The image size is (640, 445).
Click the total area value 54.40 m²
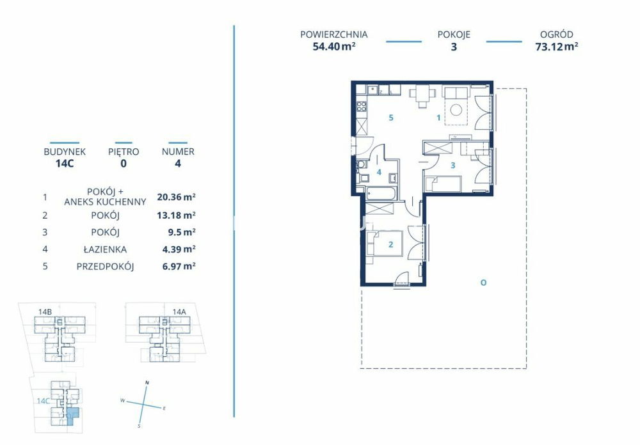(333, 46)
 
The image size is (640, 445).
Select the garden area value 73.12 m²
(556, 46)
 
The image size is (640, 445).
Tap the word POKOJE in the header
(454, 35)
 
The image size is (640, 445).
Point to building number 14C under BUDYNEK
(65, 164)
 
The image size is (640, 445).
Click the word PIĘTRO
(124, 152)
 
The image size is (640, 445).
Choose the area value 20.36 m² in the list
(177, 197)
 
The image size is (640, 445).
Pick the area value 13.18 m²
(177, 215)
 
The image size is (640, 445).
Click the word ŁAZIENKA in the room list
(105, 249)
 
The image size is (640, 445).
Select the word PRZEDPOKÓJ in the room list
(106, 267)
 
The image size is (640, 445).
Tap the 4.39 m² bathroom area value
(179, 249)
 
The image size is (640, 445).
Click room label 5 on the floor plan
(391, 118)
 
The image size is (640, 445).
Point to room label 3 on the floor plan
(452, 166)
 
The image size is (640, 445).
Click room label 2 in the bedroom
(390, 244)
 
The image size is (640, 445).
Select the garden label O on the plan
(483, 282)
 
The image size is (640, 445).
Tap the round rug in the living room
(456, 110)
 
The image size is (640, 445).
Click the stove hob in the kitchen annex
(361, 107)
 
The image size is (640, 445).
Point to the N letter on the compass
(147, 382)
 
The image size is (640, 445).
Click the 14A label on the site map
(179, 312)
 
